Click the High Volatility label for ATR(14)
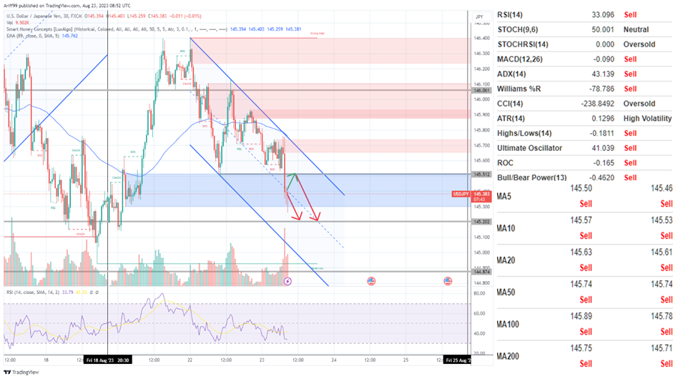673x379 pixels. (x=647, y=119)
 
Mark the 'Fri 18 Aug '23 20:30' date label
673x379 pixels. (x=107, y=360)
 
